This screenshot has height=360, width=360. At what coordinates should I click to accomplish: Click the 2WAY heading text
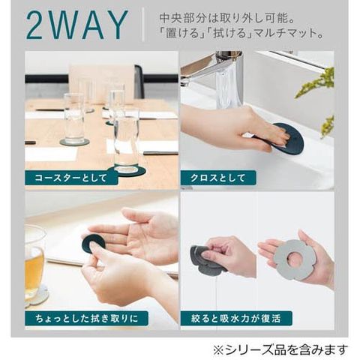[77, 25]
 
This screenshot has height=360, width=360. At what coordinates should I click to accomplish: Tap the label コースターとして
[70, 178]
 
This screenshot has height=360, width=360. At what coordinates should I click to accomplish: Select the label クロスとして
[217, 178]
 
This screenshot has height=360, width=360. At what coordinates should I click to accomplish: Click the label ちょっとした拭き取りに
[86, 319]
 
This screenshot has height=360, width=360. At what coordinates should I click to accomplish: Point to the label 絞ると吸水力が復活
[236, 319]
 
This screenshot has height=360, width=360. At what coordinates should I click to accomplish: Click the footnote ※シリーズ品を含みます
[280, 349]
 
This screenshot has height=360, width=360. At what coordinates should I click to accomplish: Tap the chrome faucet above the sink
[220, 75]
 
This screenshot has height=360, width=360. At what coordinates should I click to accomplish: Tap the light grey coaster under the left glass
[74, 142]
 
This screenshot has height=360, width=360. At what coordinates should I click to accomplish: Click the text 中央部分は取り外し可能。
[226, 18]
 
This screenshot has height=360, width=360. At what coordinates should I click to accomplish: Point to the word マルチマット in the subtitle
[282, 34]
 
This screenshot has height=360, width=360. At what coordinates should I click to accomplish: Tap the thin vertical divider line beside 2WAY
[143, 25]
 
